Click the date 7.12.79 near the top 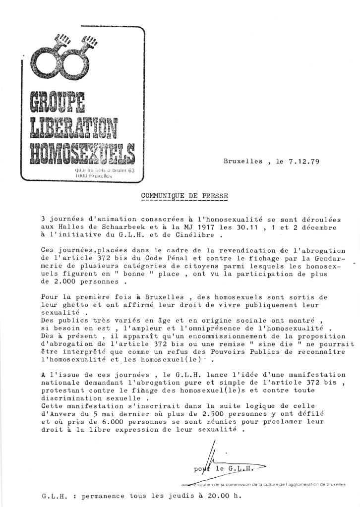pyautogui.click(x=301, y=162)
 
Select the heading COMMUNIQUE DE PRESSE pyautogui.click(x=184, y=196)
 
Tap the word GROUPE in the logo pyautogui.click(x=58, y=102)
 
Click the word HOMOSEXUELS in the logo pyautogui.click(x=82, y=153)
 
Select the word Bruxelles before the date pyautogui.click(x=242, y=162)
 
